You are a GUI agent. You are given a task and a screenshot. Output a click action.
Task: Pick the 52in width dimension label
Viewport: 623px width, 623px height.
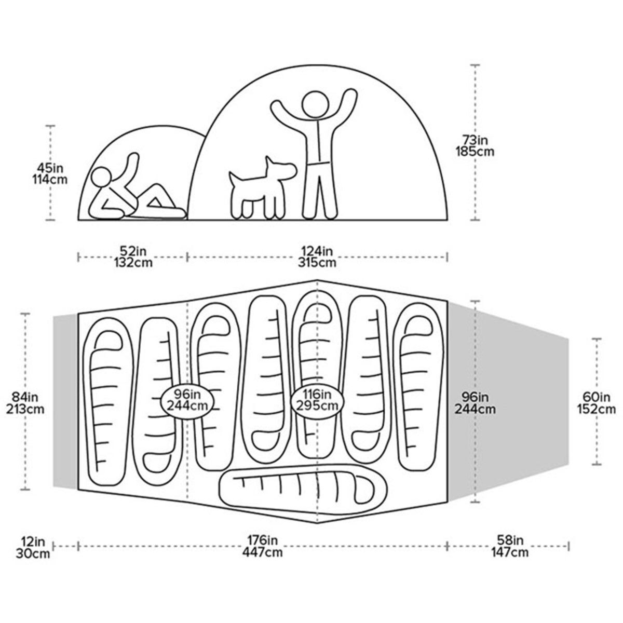click(x=133, y=250)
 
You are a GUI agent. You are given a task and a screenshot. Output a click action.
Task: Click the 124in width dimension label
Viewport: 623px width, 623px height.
click(x=317, y=250)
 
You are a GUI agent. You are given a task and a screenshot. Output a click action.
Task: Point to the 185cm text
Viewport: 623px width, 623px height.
click(x=475, y=152)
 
